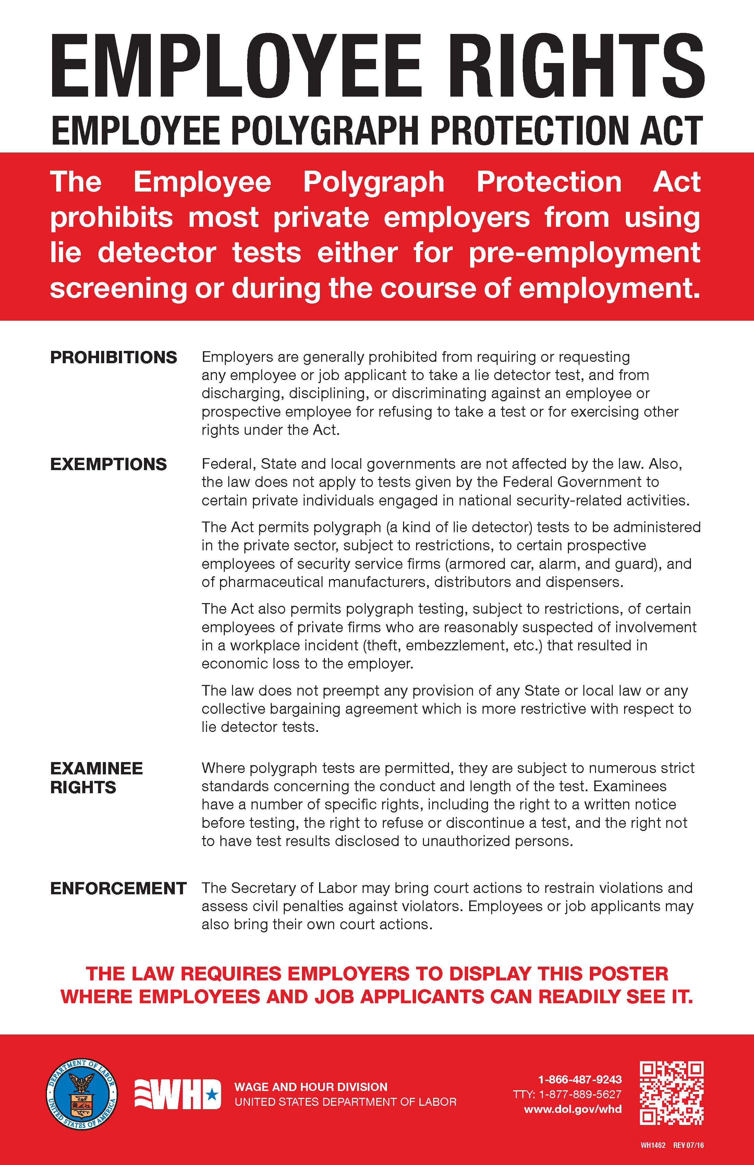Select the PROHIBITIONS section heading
click(113, 358)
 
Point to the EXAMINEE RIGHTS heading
click(96, 778)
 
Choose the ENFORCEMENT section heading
click(119, 888)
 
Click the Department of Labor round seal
click(82, 1094)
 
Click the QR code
click(671, 1093)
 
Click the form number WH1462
click(653, 1145)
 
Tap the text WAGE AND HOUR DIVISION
click(311, 1087)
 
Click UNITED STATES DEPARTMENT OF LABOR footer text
click(345, 1102)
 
